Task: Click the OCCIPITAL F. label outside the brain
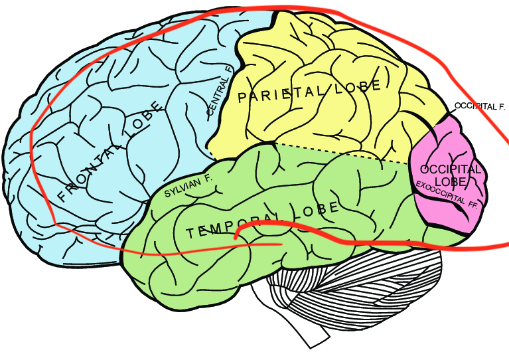pos(480,106)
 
